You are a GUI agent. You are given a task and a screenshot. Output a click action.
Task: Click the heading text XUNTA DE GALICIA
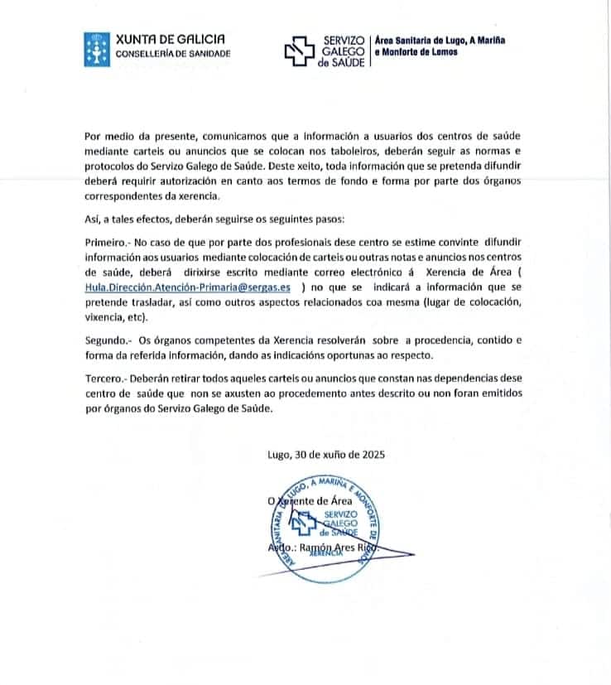(x=169, y=39)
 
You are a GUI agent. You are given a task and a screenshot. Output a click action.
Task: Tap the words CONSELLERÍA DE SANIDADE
(x=173, y=54)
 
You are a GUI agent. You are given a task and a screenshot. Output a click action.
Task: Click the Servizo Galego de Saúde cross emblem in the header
(x=300, y=51)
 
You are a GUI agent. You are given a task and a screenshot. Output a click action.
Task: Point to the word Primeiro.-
(x=107, y=244)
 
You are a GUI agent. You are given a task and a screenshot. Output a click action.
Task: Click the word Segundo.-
(x=108, y=340)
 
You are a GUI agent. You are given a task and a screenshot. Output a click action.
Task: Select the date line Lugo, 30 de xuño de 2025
(x=325, y=454)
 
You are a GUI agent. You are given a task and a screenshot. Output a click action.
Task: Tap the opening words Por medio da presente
(x=138, y=136)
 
